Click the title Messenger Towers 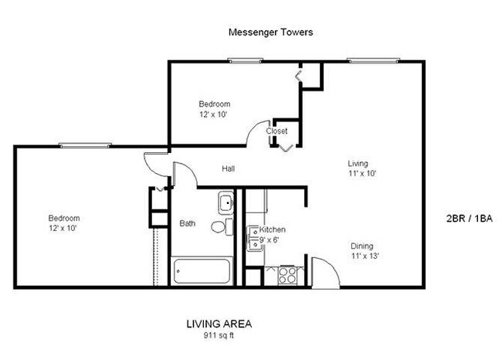270,32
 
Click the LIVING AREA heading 219,324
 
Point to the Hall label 229,169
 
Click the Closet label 276,131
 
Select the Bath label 188,224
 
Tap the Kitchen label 273,230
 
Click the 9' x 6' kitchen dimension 270,240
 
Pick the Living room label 358,164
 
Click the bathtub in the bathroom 202,272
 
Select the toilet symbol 222,226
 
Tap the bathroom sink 226,203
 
